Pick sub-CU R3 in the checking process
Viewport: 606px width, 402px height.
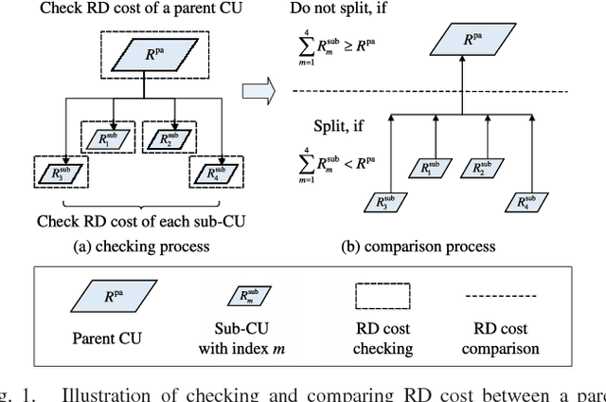(62, 174)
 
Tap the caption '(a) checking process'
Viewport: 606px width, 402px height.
(142, 247)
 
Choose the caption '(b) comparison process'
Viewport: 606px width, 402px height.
(418, 247)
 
